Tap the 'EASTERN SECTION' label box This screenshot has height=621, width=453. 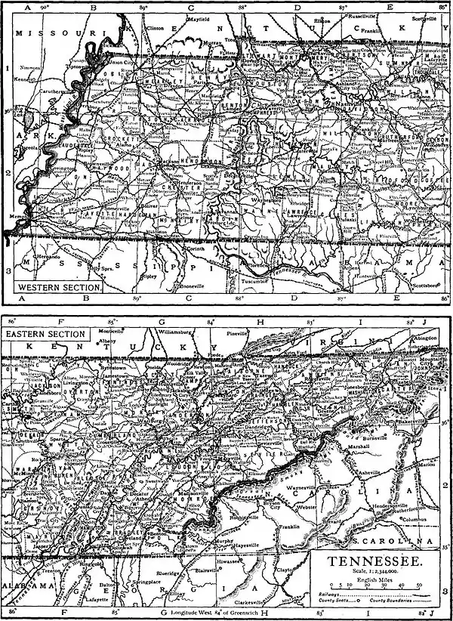pyautogui.click(x=45, y=333)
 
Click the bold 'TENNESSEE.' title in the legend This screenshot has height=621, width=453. pyautogui.click(x=372, y=562)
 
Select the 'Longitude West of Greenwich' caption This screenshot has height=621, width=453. pyautogui.click(x=220, y=611)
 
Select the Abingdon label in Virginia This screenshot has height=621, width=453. pyautogui.click(x=427, y=338)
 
